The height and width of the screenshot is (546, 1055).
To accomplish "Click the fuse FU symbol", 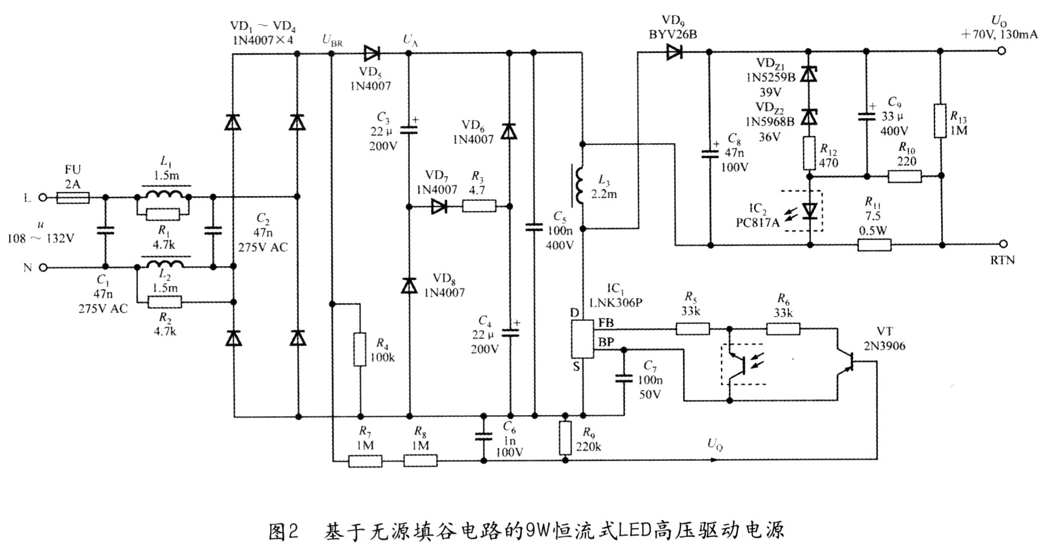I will click(72, 197).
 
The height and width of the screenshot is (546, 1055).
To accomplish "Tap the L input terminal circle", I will click(43, 197).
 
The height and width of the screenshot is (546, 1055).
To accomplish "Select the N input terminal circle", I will click(43, 267).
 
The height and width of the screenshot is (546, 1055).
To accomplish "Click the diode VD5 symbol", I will click(371, 53).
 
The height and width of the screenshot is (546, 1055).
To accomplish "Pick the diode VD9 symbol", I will click(673, 52).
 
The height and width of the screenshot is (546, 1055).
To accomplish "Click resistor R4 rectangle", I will click(360, 349).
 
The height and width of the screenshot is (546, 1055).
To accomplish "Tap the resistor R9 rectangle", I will click(565, 438).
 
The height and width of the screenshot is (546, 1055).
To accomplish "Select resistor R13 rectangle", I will click(940, 121).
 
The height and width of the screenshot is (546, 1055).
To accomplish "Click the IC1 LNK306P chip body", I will click(582, 339).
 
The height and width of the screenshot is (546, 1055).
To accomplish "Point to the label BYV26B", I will click(673, 35).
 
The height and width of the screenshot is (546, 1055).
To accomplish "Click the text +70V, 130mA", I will click(1000, 34).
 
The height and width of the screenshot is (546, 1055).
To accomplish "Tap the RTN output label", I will click(1003, 260).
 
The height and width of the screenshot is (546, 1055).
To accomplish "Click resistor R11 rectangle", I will click(874, 245).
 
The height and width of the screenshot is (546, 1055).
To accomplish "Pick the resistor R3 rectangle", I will click(479, 207).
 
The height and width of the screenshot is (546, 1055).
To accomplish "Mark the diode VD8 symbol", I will click(410, 285).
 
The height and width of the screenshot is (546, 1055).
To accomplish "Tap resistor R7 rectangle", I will click(365, 461).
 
